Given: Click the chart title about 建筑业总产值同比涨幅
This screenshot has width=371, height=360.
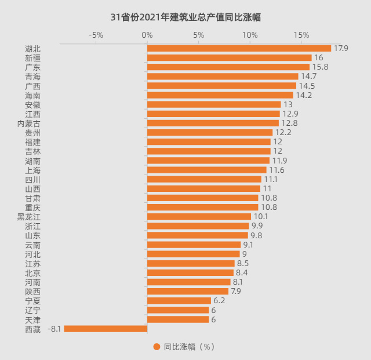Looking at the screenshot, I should (x=185, y=17).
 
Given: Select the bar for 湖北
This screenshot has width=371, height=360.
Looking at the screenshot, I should (x=239, y=49).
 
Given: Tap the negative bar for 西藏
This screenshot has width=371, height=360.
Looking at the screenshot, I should (x=106, y=329).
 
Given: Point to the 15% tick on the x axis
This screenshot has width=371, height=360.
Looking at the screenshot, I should (x=301, y=35).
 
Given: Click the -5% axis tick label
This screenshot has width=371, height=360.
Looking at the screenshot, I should (x=96, y=35).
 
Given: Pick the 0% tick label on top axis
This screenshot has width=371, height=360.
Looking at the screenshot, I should (x=147, y=35).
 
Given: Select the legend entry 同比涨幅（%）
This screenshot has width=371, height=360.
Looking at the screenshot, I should (x=184, y=347).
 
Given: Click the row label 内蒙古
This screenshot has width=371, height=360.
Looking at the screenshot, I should (x=28, y=123).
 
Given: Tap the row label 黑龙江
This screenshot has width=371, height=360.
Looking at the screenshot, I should (x=28, y=217).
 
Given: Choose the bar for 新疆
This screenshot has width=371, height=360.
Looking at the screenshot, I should (x=230, y=58).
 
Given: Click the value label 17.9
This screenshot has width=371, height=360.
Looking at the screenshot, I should (x=341, y=49).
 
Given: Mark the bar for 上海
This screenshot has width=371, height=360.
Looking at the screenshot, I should (x=207, y=170).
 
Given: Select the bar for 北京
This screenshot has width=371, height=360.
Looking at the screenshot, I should (x=190, y=272).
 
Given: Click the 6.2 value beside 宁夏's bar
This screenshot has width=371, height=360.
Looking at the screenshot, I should (x=219, y=300).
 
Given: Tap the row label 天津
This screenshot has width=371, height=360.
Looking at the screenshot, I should (x=32, y=319).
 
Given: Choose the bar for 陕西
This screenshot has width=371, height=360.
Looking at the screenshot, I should (x=188, y=291).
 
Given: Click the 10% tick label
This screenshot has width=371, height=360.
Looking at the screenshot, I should (x=250, y=35).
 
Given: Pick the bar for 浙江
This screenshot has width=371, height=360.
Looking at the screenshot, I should (x=198, y=226).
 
